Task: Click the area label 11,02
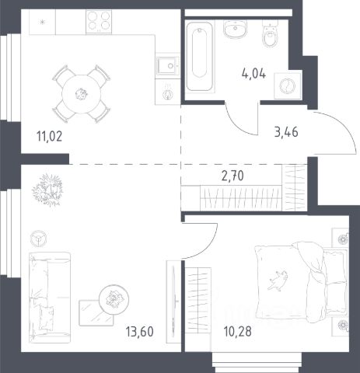point(50,137)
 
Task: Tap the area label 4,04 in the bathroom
point(253,74)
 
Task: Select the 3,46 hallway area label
point(286,132)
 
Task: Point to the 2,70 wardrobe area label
point(232,176)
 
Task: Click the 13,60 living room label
point(140,332)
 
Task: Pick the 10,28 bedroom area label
point(238,332)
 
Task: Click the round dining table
point(81,94)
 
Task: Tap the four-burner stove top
point(99,22)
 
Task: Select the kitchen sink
point(168,66)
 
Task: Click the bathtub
point(200,56)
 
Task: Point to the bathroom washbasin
point(235,29)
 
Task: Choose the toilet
point(270,33)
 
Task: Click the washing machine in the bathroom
point(288,85)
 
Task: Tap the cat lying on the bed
point(278,280)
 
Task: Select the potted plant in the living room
point(48,190)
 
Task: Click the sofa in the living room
point(50,298)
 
